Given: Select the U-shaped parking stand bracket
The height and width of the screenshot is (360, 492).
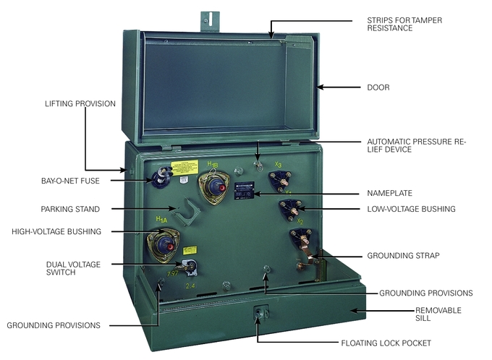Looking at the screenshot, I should click(x=190, y=212).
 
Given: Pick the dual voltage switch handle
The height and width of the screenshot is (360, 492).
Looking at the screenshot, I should click(x=190, y=267).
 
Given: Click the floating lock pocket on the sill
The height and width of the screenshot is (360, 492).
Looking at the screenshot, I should click(x=258, y=314).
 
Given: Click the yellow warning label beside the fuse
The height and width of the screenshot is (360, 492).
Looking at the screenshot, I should click(x=184, y=167).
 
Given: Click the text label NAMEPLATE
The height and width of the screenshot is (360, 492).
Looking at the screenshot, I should click(x=388, y=194).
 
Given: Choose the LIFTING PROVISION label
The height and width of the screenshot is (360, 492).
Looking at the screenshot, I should click(x=80, y=104).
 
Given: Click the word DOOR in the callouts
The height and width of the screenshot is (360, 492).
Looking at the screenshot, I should click(x=378, y=87).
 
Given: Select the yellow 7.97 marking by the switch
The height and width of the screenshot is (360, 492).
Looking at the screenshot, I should click(x=173, y=273).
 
